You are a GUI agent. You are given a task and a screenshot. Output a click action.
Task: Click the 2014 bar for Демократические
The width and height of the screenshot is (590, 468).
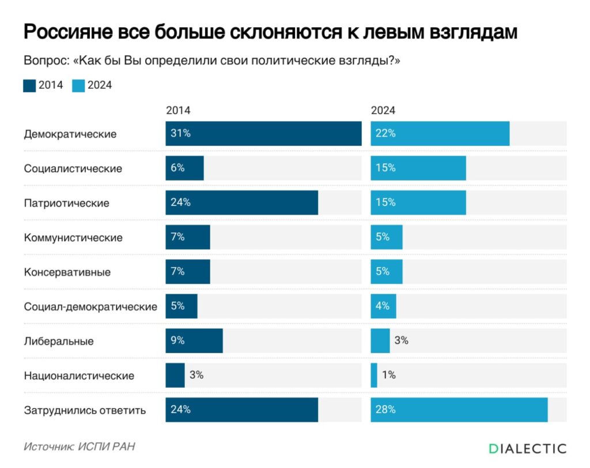(x=263, y=133)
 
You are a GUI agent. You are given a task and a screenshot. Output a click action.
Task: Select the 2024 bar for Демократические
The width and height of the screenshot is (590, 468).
(x=440, y=133)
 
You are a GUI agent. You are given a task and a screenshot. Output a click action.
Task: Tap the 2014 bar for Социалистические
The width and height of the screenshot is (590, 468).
(x=184, y=168)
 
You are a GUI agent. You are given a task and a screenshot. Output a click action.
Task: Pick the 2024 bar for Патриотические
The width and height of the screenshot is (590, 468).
(x=418, y=203)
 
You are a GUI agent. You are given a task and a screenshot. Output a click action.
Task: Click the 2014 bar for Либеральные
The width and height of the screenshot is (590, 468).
(x=194, y=340)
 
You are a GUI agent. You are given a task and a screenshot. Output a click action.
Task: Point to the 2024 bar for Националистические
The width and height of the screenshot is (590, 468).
(x=374, y=375)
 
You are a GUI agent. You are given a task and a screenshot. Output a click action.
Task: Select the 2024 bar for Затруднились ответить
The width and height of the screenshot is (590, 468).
(x=459, y=410)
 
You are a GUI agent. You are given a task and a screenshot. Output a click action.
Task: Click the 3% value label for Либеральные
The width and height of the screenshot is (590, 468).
(x=401, y=340)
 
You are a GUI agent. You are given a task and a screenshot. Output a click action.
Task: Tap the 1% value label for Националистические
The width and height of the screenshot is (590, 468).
(x=388, y=375)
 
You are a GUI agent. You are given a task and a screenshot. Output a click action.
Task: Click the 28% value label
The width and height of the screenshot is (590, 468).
(x=385, y=410)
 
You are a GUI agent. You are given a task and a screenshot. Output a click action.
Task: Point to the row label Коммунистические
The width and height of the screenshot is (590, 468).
(x=73, y=237)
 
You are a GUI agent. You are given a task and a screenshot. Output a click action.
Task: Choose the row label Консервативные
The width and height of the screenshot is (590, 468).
(x=67, y=272)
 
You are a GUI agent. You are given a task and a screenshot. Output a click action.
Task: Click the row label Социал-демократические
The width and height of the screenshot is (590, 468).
(x=90, y=306)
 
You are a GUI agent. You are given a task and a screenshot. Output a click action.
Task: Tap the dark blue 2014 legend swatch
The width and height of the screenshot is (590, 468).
(x=29, y=85)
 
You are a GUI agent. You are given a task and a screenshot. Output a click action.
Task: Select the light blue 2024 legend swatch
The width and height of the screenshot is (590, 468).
(x=78, y=85)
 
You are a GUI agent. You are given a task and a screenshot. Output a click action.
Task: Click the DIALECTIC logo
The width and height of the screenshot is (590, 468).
(x=527, y=448)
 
